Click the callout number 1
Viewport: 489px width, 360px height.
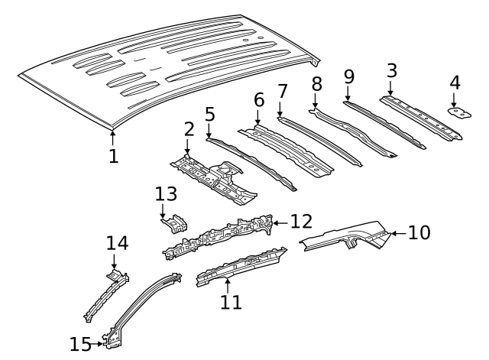pyautogui.click(x=114, y=156)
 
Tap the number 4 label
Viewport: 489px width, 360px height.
pyautogui.click(x=455, y=83)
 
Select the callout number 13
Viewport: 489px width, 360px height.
pyautogui.click(x=166, y=193)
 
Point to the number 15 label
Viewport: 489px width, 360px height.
pyautogui.click(x=80, y=345)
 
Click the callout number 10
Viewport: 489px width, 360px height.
pyautogui.click(x=419, y=232)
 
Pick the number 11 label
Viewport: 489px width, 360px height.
pyautogui.click(x=231, y=302)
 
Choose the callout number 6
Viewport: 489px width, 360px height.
pyautogui.click(x=259, y=100)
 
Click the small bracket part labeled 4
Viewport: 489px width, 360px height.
pyautogui.click(x=459, y=114)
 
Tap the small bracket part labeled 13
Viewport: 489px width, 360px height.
pyautogui.click(x=175, y=223)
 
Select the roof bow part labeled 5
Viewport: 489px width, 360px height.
pyautogui.click(x=251, y=164)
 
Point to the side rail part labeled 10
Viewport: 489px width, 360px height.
pyautogui.click(x=346, y=236)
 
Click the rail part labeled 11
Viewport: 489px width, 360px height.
pyautogui.click(x=241, y=266)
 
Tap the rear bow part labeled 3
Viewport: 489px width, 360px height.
pyautogui.click(x=421, y=118)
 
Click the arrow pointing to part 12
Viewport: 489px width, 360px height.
pyautogui.click(x=280, y=223)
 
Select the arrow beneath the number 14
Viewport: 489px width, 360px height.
pyautogui.click(x=114, y=261)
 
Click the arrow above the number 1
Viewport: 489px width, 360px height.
pyautogui.click(x=113, y=138)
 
